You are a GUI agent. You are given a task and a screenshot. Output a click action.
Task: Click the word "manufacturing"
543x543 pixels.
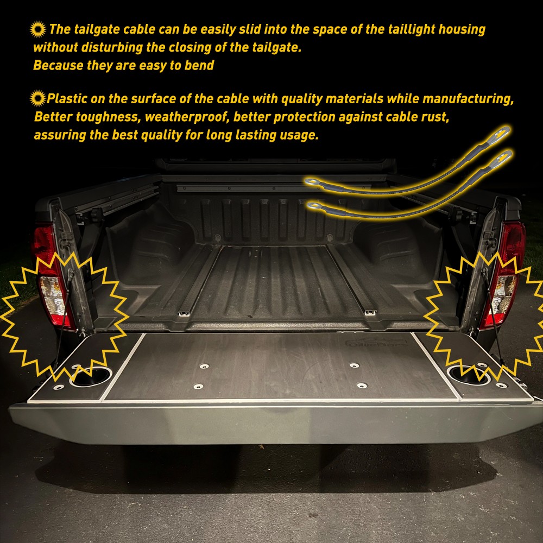click(x=468, y=99)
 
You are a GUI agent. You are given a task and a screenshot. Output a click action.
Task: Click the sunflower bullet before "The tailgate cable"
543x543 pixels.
click(x=38, y=29)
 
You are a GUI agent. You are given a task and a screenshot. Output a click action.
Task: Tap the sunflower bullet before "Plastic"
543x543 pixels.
click(x=38, y=98)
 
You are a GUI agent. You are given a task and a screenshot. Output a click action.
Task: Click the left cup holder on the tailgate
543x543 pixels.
click(x=91, y=376)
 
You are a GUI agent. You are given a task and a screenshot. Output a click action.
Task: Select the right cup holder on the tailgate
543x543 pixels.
click(x=469, y=375)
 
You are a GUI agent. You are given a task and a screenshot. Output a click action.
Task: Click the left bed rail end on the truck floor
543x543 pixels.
click(x=184, y=314)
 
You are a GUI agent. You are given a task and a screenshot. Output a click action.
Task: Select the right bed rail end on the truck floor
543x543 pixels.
click(x=370, y=312)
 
